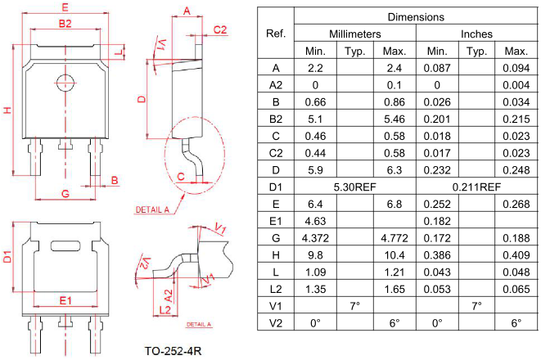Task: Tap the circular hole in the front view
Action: [65, 81]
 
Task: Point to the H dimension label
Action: [7, 110]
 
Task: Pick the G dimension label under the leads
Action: [65, 194]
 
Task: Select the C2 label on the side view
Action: [219, 30]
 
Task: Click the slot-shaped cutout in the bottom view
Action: [65, 245]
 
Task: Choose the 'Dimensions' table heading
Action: [416, 16]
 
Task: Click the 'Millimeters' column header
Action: [355, 34]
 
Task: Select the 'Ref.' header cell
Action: [275, 34]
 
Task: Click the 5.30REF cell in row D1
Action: [354, 187]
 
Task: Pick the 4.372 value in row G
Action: [314, 238]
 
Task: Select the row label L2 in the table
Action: [275, 289]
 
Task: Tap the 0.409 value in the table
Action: [516, 255]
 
